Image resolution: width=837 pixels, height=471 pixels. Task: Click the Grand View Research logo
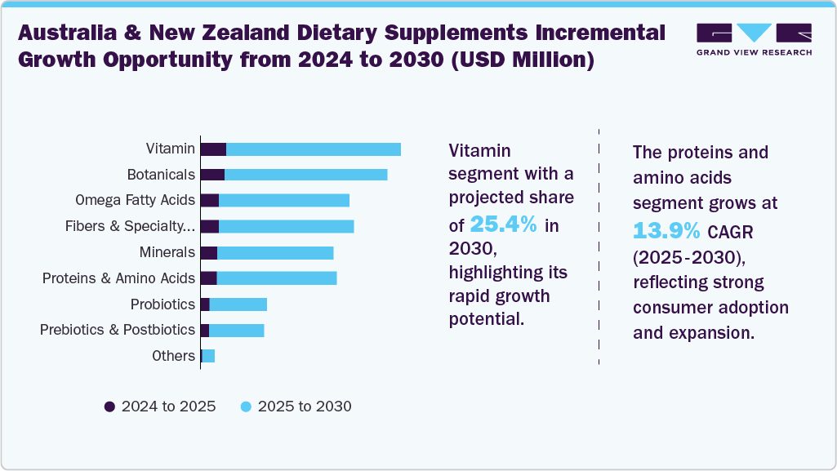coord(754,39)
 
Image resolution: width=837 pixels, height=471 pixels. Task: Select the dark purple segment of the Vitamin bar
coord(213,149)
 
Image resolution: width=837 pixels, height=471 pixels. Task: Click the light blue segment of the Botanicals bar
coord(305,175)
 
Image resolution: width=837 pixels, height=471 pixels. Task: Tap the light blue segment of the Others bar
coord(208,356)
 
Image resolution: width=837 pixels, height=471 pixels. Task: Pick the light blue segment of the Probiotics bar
coord(238,304)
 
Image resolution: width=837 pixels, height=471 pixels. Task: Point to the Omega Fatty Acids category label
coord(135,200)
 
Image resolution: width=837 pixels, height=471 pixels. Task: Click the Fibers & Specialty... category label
coord(130,226)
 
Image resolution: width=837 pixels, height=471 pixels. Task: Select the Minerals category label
coord(167,252)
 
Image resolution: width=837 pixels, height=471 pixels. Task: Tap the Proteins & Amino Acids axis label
coord(118,278)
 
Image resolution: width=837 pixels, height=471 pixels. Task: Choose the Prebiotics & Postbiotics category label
coord(118,330)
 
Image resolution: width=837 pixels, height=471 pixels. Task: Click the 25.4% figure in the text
coord(503,225)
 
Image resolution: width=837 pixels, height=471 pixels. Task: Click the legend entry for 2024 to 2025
coord(160,407)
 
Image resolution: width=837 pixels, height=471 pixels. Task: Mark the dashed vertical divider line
coord(599,245)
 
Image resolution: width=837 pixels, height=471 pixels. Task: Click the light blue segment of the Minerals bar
coord(275,252)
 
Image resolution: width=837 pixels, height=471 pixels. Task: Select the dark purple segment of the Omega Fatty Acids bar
coord(210,201)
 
